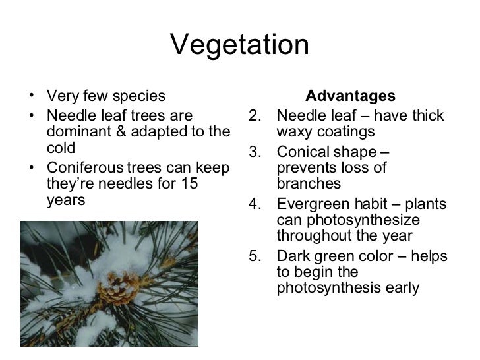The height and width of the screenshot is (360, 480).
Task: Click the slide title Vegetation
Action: click(x=240, y=45)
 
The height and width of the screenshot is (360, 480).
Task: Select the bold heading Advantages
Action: click(x=350, y=96)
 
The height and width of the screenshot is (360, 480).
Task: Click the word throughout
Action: click(x=311, y=236)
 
